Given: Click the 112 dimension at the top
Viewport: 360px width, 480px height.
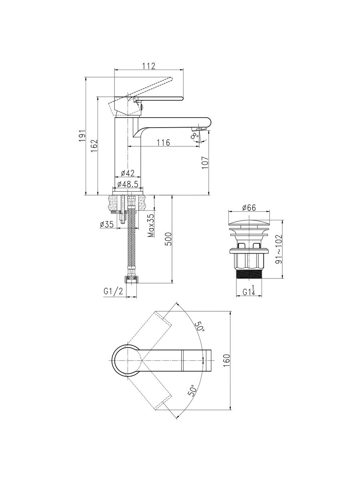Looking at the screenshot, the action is [149, 66].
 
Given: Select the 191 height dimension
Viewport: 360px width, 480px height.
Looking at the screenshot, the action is [82, 136].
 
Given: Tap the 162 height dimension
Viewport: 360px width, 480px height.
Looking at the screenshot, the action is [94, 146].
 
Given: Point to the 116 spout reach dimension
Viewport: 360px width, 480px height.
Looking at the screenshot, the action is [163, 142].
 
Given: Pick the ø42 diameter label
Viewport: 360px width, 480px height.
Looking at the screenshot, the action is [128, 173].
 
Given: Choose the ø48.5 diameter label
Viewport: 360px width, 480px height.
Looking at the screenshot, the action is [128, 184].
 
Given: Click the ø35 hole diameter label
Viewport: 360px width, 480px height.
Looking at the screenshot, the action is [107, 224].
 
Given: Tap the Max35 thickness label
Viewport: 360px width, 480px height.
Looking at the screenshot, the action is [151, 226].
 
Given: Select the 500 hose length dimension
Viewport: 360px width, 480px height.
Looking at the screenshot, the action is [169, 239].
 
